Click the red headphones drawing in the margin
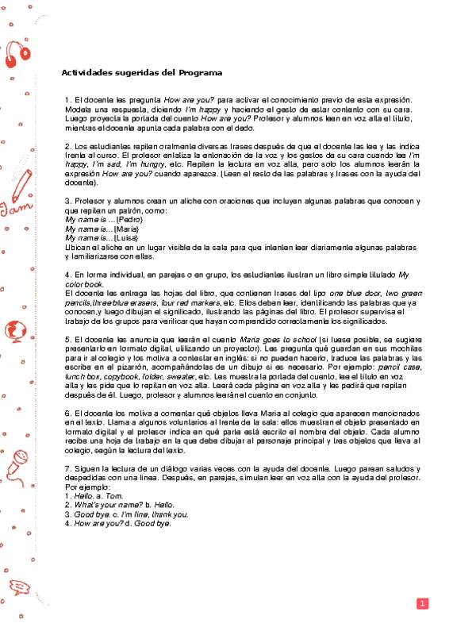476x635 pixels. click(x=17, y=52)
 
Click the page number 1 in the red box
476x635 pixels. click(x=423, y=604)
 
